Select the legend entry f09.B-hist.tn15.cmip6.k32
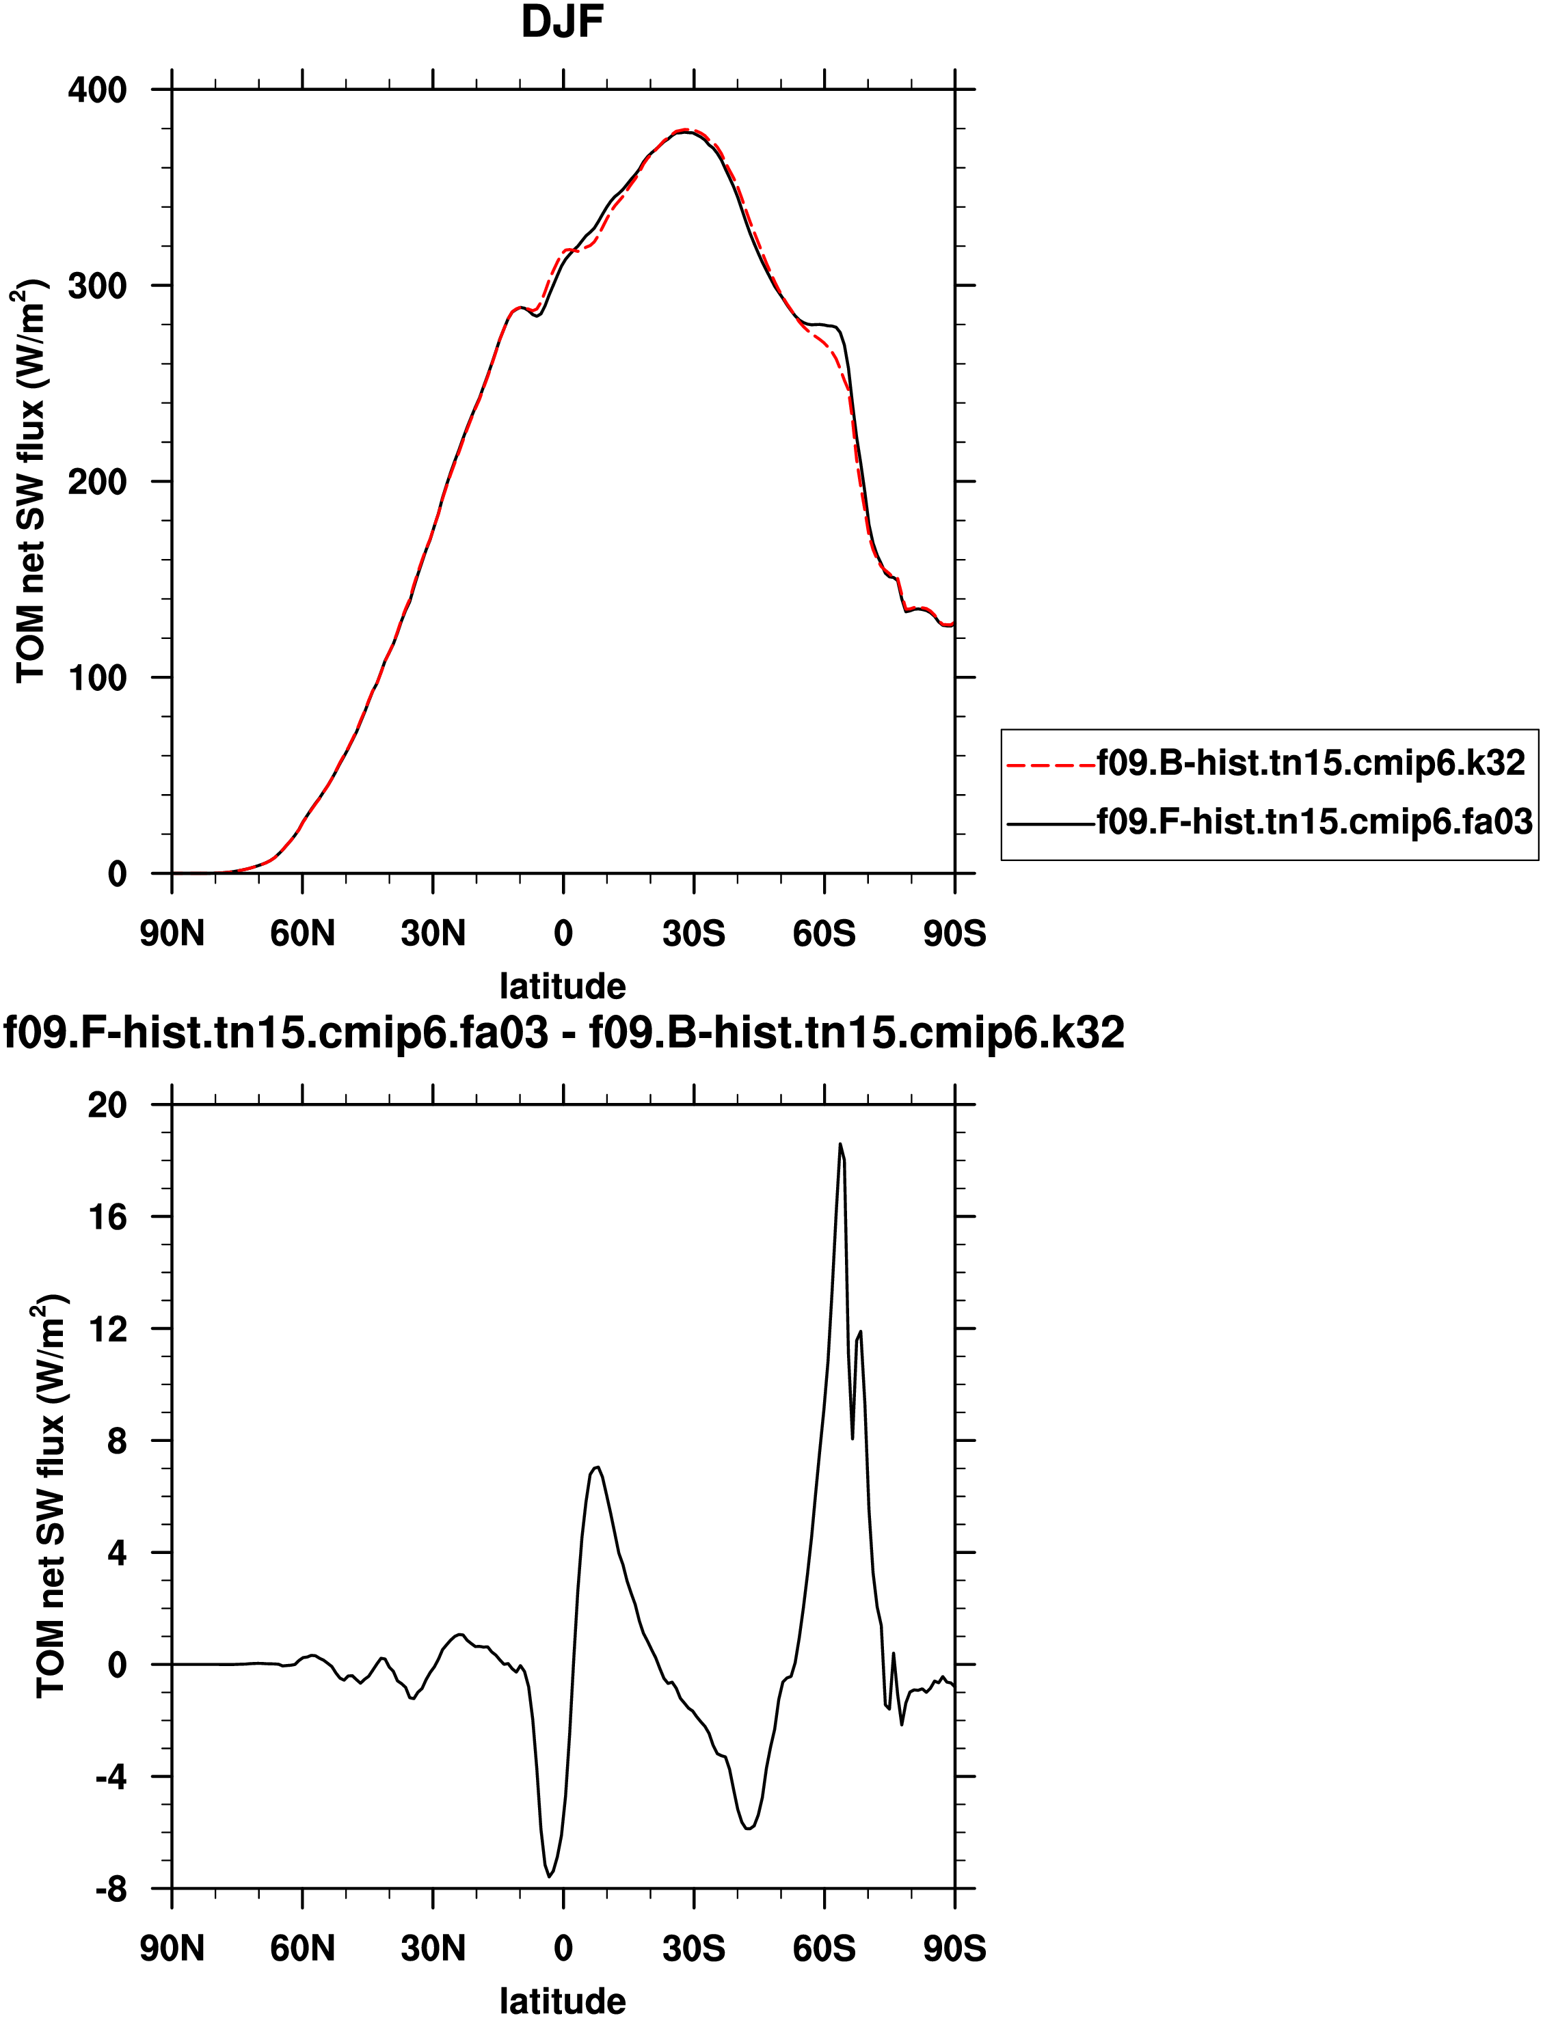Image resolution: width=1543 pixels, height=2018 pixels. [1310, 763]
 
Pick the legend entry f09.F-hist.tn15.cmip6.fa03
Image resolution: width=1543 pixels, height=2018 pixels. [1314, 821]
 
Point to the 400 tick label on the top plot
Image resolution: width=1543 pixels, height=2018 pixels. [97, 90]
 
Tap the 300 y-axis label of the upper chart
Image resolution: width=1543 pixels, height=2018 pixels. [97, 286]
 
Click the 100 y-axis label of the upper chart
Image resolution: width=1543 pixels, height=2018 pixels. [97, 677]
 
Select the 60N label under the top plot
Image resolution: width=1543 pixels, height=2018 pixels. [302, 933]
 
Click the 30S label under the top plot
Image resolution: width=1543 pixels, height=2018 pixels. [693, 933]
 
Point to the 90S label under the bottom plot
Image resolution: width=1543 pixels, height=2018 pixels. [954, 1948]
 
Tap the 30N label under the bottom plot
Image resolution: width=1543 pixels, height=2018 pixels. [433, 1948]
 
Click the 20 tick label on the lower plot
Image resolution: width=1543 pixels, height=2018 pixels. [107, 1104]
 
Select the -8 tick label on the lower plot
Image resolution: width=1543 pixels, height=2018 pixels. [111, 1890]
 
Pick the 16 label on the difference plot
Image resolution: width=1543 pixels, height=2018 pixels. [107, 1216]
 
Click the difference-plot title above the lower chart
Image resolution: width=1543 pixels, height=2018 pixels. [564, 1033]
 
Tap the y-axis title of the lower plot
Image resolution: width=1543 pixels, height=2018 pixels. [51, 1497]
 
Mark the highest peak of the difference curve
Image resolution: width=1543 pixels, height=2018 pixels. [840, 1144]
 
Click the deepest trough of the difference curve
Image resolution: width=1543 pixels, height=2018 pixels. [549, 1876]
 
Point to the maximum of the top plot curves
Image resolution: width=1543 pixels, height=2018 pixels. [684, 131]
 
